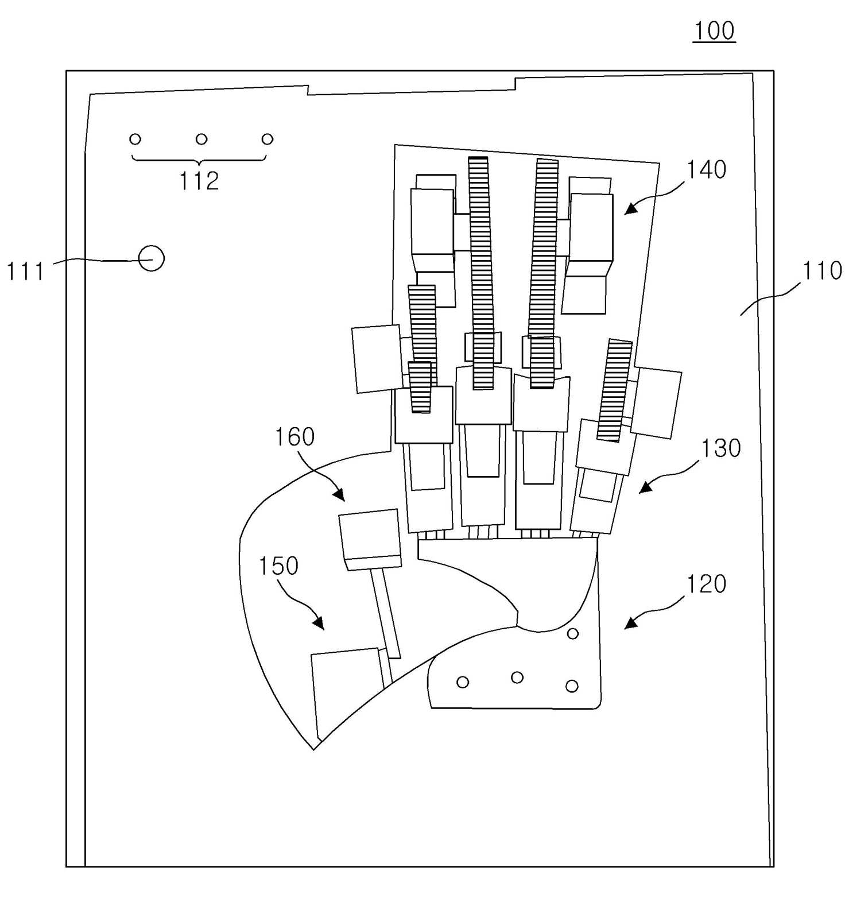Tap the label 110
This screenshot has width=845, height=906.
click(821, 270)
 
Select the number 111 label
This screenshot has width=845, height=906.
click(25, 271)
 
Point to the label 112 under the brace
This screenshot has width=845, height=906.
click(199, 181)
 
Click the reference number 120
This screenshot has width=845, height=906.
click(706, 584)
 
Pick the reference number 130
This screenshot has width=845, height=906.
click(721, 448)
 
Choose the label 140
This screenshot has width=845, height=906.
click(707, 169)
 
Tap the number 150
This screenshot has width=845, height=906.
click(278, 566)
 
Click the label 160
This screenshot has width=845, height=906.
click(294, 437)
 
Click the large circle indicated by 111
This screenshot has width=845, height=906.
click(152, 258)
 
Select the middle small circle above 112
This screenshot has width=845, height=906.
click(201, 139)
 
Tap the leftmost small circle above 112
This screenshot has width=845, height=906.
click(135, 139)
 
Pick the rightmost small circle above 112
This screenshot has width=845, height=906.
click(267, 139)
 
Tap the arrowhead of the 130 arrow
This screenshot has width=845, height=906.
click(646, 487)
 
